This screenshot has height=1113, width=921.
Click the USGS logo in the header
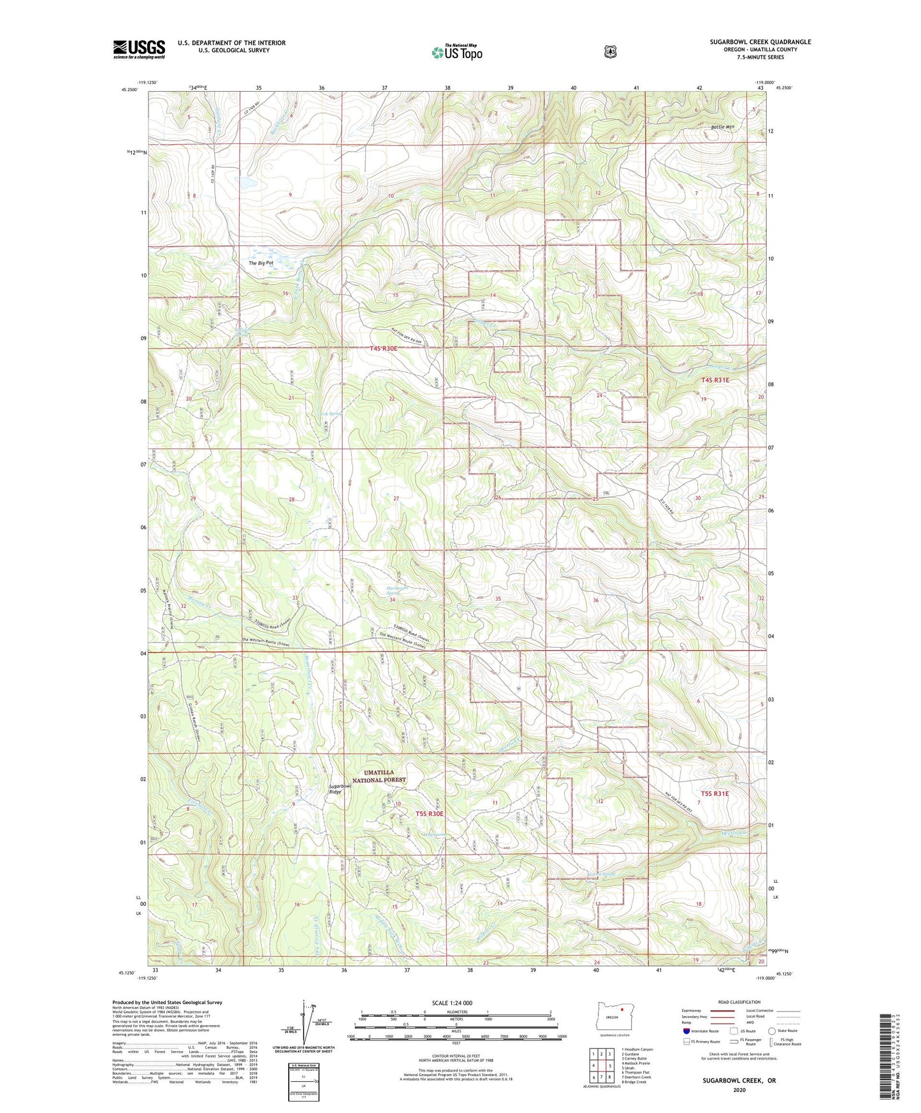[x=139, y=48]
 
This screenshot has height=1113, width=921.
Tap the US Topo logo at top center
[x=456, y=52]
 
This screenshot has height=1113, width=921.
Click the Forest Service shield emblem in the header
[x=610, y=52]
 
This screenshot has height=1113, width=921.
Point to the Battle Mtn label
[x=723, y=127]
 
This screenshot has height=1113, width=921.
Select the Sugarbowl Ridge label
[x=340, y=789]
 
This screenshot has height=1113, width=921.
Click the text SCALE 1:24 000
[x=452, y=1003]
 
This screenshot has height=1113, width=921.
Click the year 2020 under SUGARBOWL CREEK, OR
[x=739, y=1089]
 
